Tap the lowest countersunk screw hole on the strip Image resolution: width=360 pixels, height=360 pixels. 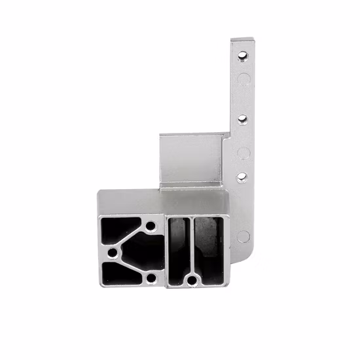241,177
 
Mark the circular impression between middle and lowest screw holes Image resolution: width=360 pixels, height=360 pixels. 241,153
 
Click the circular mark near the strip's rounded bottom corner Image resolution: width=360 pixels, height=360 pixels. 242,236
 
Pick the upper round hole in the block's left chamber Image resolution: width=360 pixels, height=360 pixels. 151,226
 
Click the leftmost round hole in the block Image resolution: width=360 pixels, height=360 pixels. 112,252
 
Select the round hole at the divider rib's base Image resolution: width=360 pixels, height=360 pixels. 192,281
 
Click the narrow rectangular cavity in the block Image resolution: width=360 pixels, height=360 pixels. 176,249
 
